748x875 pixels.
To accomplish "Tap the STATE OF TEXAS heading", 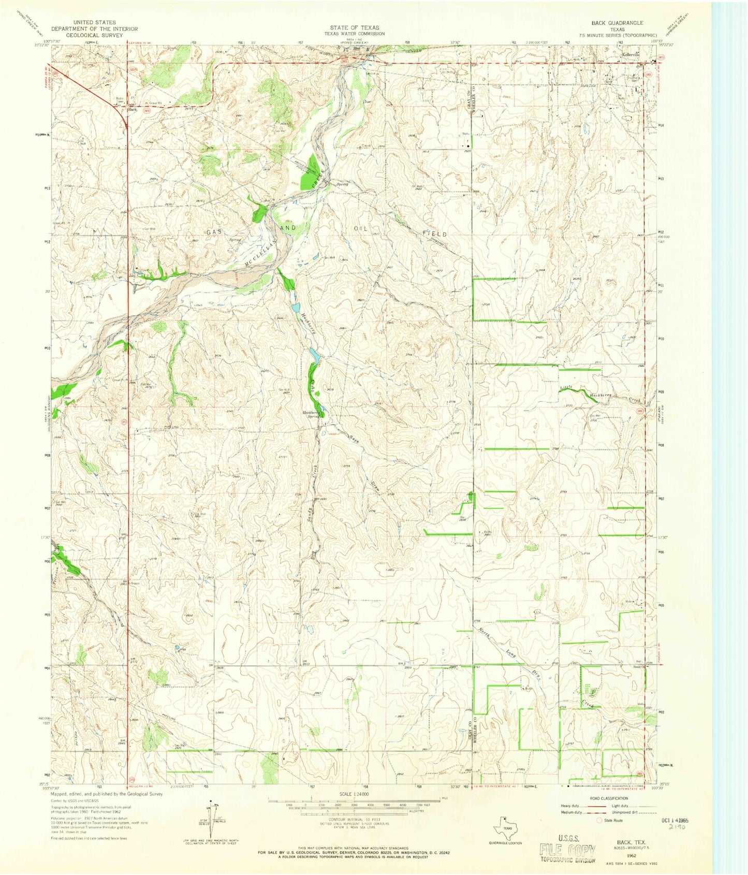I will click(355, 27).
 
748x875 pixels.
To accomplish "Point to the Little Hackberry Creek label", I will click(600, 394).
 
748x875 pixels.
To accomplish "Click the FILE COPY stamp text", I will click(568, 849).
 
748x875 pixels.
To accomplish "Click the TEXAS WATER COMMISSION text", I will click(355, 34).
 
